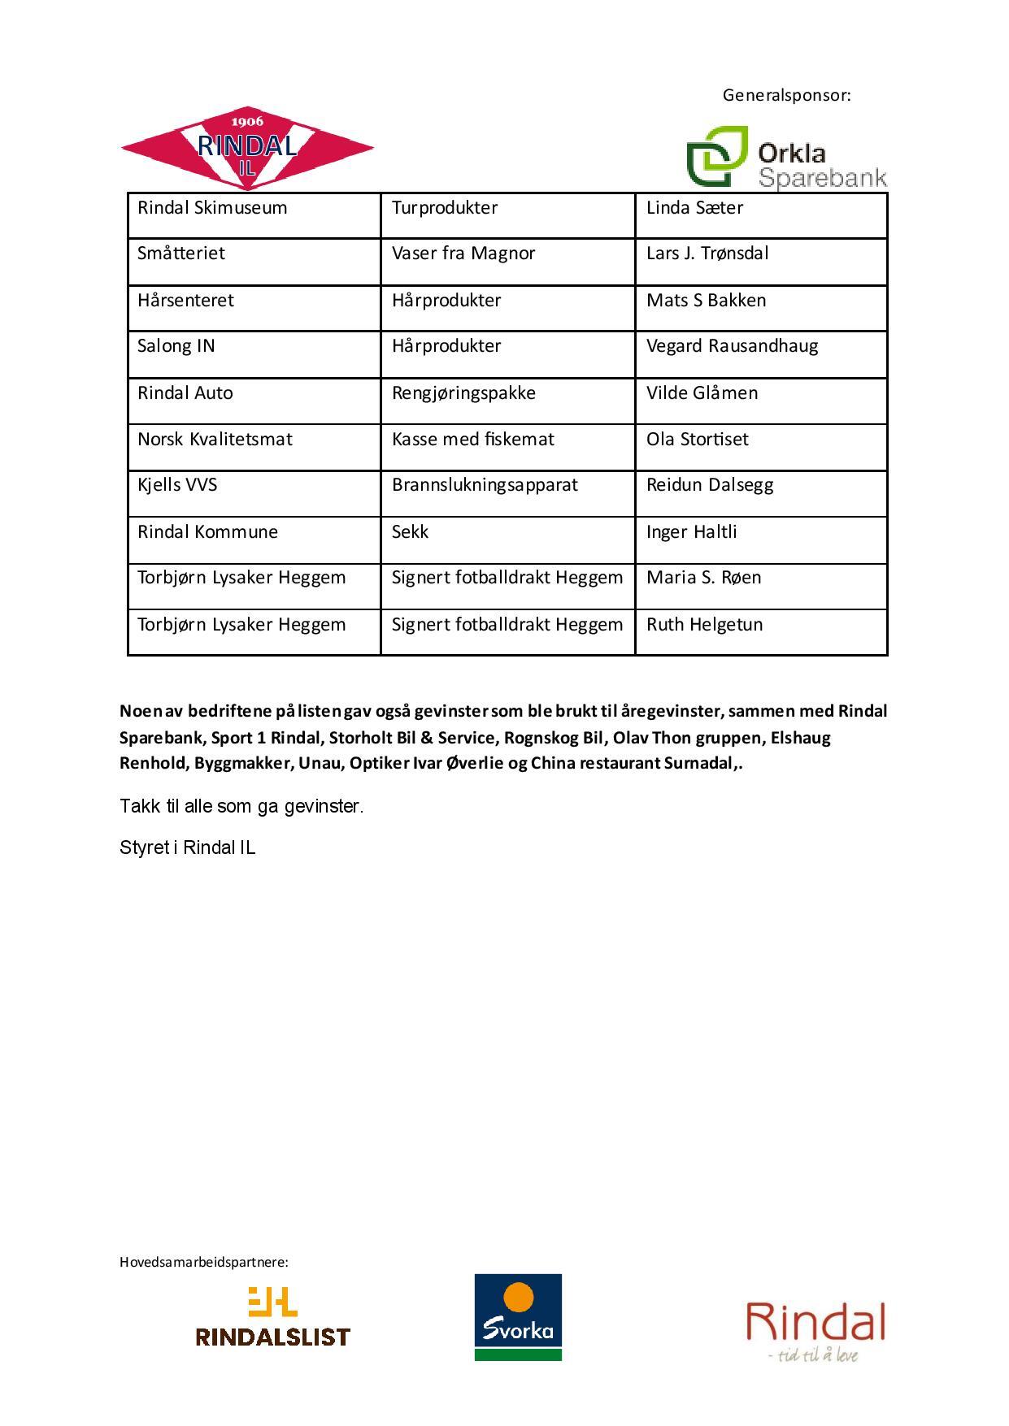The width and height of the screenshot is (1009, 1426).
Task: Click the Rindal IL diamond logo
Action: (247, 148)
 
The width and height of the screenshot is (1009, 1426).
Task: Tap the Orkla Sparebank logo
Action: (785, 158)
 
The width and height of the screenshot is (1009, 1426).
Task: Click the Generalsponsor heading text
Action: (786, 95)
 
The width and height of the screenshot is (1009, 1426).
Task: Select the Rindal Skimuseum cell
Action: (212, 208)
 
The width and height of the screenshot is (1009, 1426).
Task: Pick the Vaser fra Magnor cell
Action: (463, 254)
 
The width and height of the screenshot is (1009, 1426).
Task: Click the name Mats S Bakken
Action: (706, 301)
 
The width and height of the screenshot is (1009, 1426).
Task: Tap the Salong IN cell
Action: (176, 346)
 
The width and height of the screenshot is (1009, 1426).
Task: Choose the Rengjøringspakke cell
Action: (463, 393)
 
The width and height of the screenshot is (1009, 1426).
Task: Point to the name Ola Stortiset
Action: (697, 440)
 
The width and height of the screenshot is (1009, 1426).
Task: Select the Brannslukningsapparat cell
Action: (485, 485)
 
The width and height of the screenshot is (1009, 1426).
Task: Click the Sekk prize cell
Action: (410, 532)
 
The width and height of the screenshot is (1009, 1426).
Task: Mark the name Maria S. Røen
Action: (703, 578)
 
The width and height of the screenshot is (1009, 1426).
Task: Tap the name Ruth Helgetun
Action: (704, 625)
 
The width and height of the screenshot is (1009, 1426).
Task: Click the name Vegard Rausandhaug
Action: (732, 346)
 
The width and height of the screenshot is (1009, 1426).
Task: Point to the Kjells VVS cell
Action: (177, 485)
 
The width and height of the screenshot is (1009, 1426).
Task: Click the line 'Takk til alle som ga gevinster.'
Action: (241, 806)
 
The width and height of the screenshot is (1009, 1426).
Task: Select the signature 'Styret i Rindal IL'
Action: (187, 847)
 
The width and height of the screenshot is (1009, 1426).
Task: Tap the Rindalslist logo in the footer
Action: (272, 1316)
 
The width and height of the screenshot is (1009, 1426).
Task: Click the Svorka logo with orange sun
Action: (518, 1317)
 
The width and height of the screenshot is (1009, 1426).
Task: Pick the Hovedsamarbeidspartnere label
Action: (204, 1262)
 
